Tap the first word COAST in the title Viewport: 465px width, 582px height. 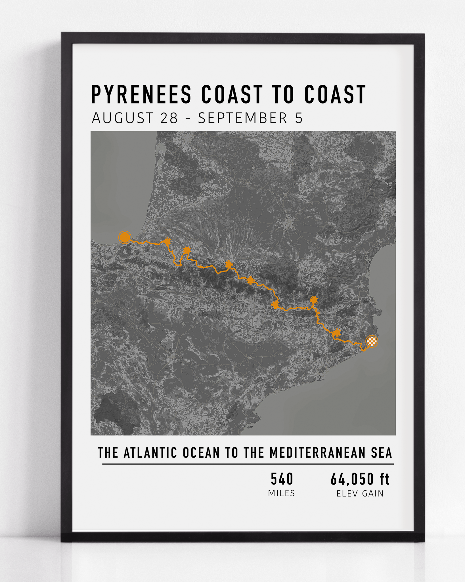point(231,94)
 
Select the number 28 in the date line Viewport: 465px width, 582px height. point(169,118)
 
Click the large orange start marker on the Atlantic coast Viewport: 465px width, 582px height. point(125,237)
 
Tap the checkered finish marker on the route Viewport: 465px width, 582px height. point(372,341)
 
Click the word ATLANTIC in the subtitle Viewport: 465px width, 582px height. point(150,453)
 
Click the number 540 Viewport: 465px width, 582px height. point(282,479)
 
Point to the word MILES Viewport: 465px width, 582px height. point(282,493)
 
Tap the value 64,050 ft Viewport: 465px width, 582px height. point(360,479)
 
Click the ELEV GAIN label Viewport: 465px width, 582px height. point(360,494)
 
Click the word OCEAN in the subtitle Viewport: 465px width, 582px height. point(201,453)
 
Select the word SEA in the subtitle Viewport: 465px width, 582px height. point(382,453)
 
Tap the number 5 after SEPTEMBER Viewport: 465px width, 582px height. point(299,118)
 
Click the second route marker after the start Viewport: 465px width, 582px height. point(187,250)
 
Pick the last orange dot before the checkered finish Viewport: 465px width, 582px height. point(337,332)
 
